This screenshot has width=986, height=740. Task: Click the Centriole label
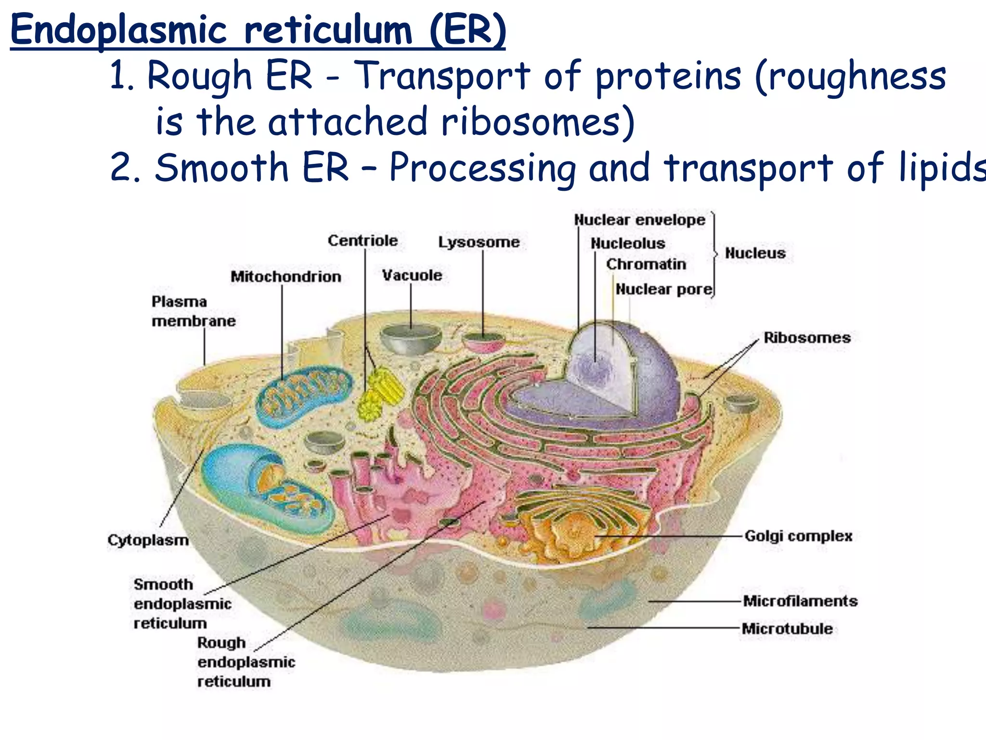coord(363,240)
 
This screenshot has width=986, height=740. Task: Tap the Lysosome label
coord(479,242)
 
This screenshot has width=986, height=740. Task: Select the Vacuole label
coord(412,275)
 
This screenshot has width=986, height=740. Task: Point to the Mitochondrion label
coord(285,277)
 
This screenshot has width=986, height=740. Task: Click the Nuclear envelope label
coord(639,220)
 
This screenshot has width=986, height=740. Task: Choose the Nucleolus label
coord(627,243)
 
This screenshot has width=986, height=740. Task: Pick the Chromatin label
coord(646,264)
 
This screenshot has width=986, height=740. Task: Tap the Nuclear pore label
coord(663,289)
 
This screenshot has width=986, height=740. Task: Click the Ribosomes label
coord(807,337)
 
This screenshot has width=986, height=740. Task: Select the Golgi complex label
coord(798,536)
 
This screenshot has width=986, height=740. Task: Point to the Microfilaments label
coord(800,601)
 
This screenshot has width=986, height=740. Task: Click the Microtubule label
coord(787,628)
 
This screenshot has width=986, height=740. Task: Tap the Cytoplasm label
coord(148,540)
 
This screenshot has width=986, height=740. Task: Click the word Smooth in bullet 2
coord(221,167)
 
